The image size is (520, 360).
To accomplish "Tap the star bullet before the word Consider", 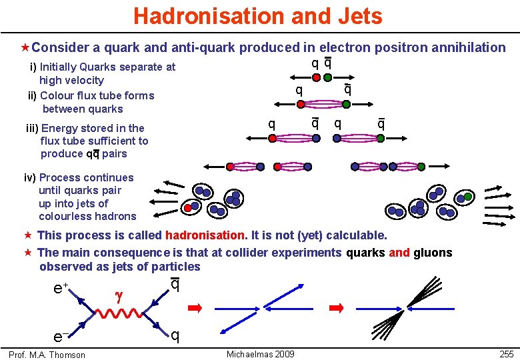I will (x=25, y=47).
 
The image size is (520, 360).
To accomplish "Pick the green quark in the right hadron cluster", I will (x=469, y=197).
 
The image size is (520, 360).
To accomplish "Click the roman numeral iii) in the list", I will (x=31, y=128).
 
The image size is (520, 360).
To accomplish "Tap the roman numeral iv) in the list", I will (x=31, y=177).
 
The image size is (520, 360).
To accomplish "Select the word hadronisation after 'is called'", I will (x=205, y=235).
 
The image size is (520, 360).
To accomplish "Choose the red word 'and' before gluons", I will (x=399, y=253).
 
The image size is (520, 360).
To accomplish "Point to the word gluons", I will (x=433, y=253).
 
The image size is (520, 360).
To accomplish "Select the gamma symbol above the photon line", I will (x=119, y=293).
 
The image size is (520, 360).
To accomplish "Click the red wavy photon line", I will (x=123, y=311).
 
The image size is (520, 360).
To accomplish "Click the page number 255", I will (x=506, y=354).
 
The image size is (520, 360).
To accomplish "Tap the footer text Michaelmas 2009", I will (x=260, y=354).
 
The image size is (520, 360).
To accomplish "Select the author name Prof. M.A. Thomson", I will (x=47, y=355).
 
